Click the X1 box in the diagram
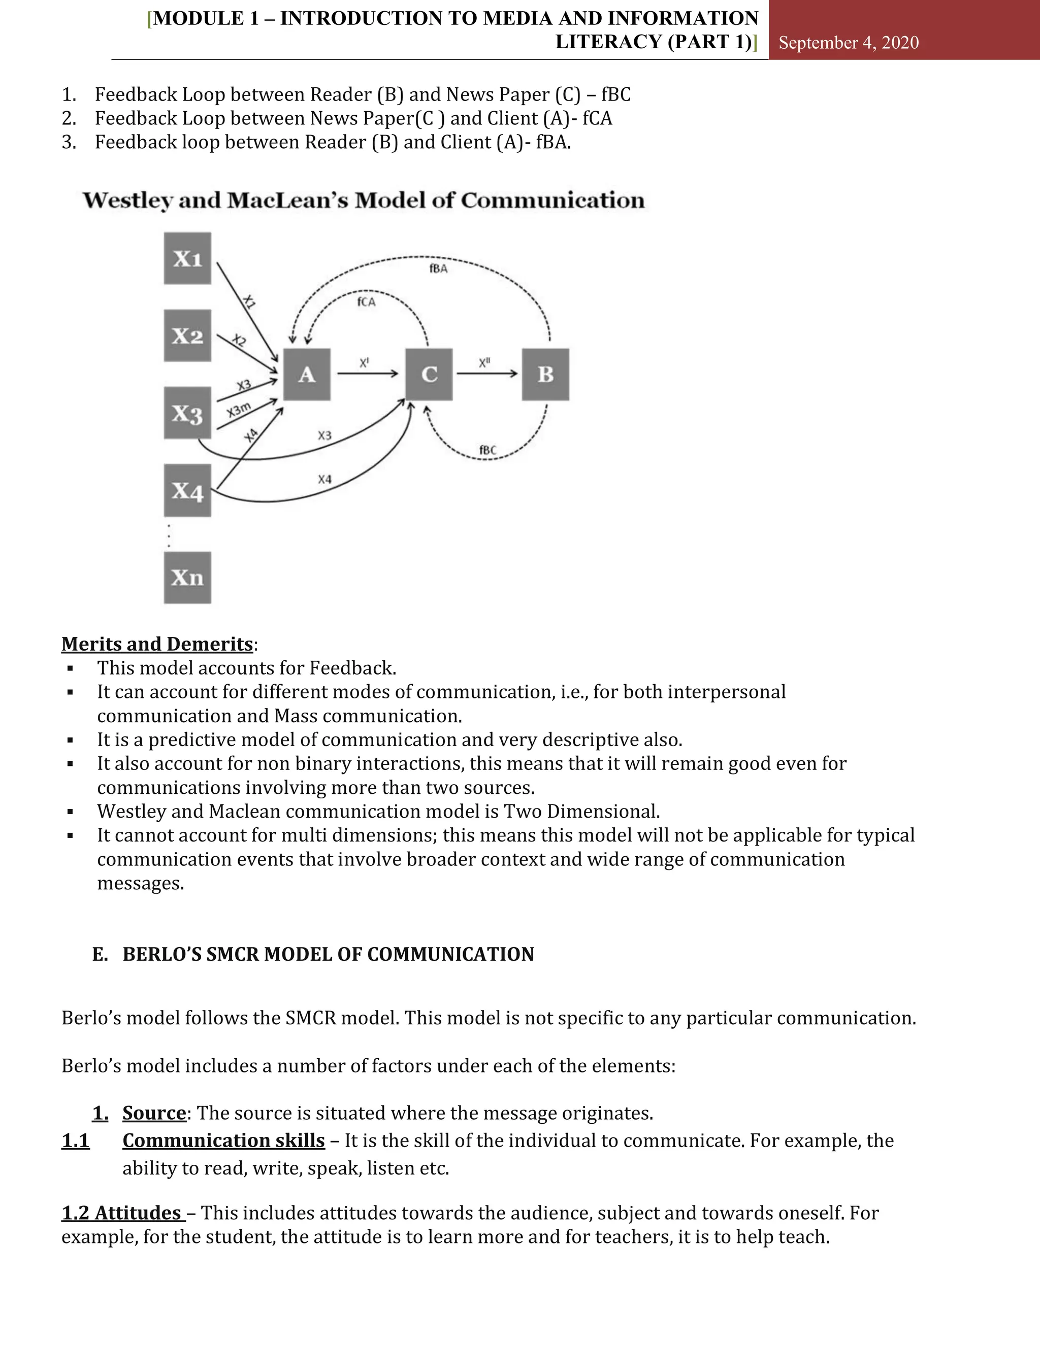coord(187,259)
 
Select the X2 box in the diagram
coord(187,335)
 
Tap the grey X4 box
coord(187,490)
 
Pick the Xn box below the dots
coord(187,578)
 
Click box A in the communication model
coord(307,375)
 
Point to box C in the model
coord(429,375)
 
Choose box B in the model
coord(545,375)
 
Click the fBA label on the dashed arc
coord(438,268)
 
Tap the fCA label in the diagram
coord(366,302)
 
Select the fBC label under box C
coord(487,450)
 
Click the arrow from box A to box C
coord(367,373)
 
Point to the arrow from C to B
coord(486,373)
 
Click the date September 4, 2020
coord(849,43)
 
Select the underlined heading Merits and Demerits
coord(157,644)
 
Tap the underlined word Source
coord(154,1114)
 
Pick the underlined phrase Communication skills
coord(223,1140)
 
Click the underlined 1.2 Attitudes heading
coord(122,1213)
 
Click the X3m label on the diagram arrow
coord(239,410)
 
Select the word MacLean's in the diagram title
coord(288,201)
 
